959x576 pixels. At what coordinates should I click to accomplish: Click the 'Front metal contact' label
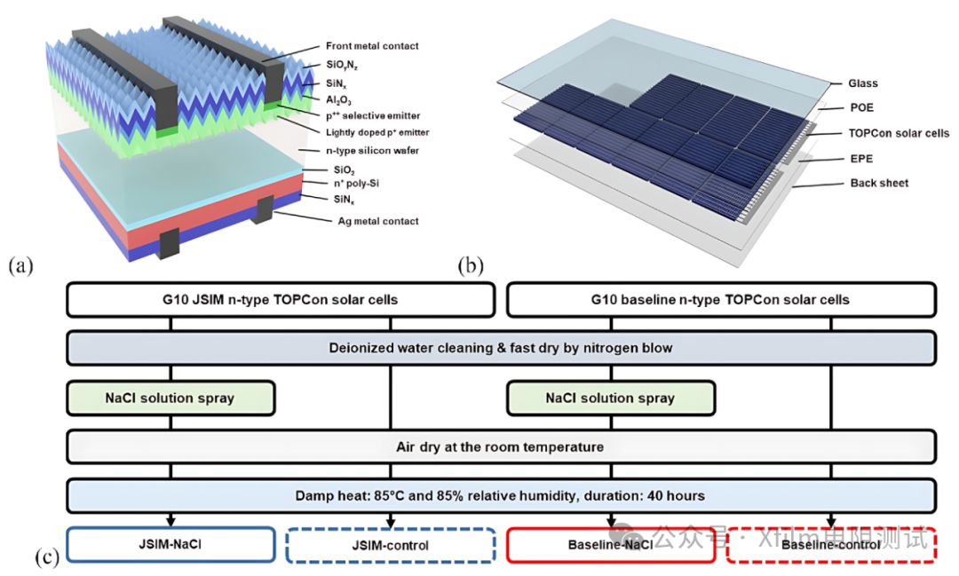[x=372, y=46]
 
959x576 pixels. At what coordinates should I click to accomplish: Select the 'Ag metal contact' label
[x=378, y=221]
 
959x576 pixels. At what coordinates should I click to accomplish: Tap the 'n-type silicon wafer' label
[x=372, y=150]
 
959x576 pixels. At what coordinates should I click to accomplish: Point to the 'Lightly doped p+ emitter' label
[x=377, y=132]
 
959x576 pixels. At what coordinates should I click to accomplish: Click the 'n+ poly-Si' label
[x=356, y=184]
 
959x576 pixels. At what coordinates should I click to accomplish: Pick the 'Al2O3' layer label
[x=338, y=100]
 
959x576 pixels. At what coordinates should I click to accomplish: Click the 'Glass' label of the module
[x=862, y=83]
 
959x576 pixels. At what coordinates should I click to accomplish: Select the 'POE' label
[x=861, y=107]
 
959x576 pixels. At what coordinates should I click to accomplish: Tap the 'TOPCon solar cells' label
[x=899, y=133]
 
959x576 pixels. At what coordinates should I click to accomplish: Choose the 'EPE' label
[x=861, y=158]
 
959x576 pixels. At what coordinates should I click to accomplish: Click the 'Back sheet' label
[x=879, y=183]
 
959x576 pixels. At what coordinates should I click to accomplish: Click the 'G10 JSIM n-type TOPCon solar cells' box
[x=280, y=300]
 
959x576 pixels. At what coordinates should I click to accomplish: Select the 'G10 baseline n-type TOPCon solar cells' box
[x=721, y=300]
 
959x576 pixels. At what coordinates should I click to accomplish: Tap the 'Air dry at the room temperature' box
[x=501, y=447]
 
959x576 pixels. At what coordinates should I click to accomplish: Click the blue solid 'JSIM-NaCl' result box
[x=170, y=544]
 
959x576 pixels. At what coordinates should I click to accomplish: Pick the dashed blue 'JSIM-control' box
[x=390, y=545]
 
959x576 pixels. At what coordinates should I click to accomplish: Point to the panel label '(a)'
[x=20, y=265]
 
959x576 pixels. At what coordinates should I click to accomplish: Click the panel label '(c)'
[x=47, y=557]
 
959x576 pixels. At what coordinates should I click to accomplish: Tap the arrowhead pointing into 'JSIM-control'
[x=390, y=522]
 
